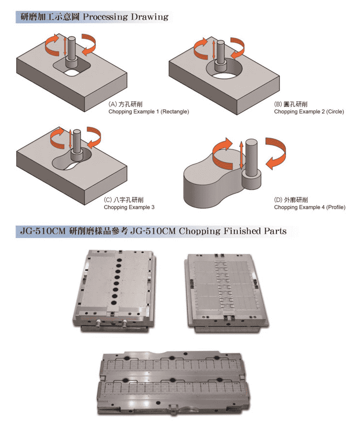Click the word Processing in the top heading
(106, 17)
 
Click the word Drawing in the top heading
(149, 17)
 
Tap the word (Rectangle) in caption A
(175, 111)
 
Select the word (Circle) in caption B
(335, 111)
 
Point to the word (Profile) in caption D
(336, 207)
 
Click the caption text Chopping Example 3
(129, 207)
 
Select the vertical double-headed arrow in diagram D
(241, 155)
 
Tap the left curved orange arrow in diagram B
(201, 49)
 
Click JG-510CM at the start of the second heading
(43, 231)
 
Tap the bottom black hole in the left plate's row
(114, 303)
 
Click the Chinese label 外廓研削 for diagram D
(296, 200)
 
